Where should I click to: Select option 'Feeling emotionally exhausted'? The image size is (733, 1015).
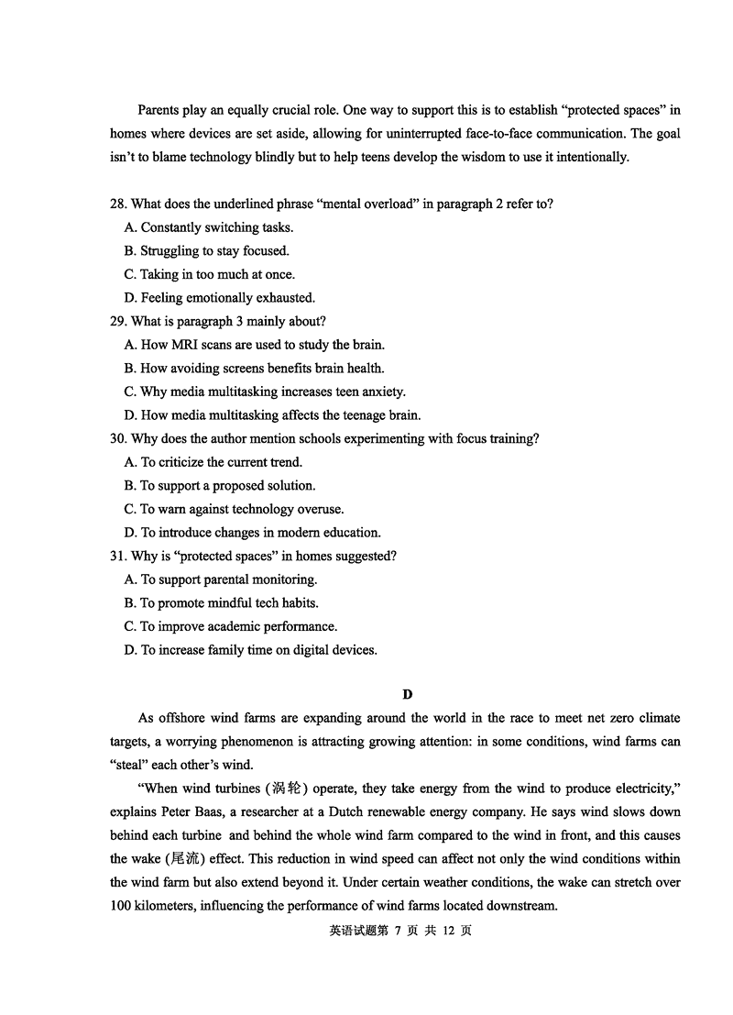219,297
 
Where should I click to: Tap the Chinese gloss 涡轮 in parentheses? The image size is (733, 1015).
281,789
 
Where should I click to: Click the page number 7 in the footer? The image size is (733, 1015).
399,930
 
